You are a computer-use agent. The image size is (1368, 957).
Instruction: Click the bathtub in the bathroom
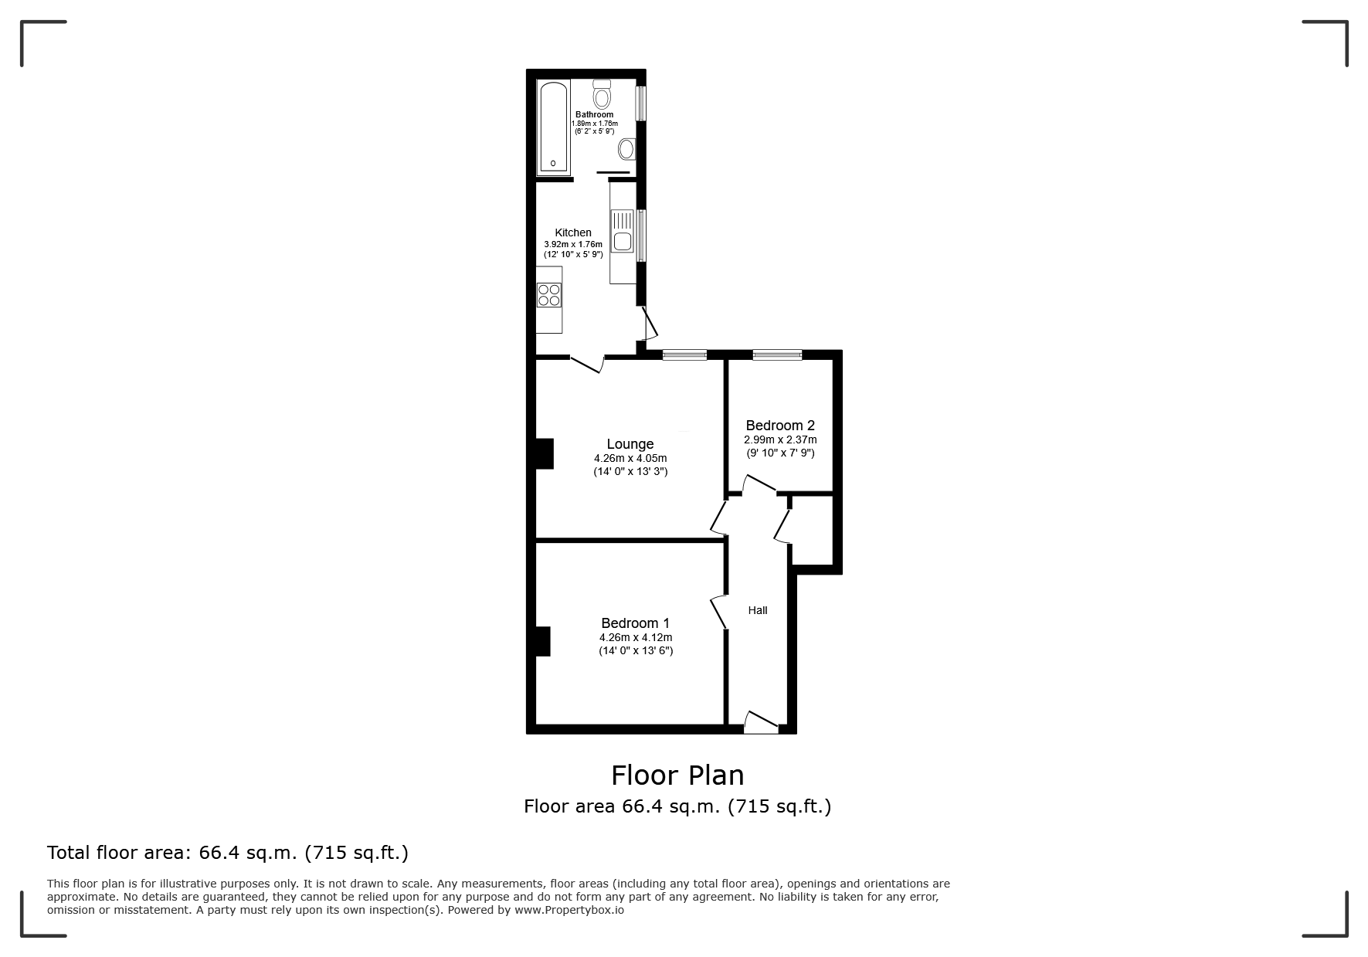point(553,128)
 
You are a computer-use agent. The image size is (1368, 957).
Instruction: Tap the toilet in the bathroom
point(603,96)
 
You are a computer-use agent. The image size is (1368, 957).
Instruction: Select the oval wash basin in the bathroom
point(626,148)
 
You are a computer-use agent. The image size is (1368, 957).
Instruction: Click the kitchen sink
point(622,231)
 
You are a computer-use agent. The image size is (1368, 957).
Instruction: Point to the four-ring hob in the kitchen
point(549,295)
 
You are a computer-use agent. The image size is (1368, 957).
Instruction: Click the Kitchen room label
point(573,232)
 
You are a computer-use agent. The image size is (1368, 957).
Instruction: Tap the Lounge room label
point(630,444)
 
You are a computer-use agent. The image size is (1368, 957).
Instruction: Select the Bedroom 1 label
point(635,623)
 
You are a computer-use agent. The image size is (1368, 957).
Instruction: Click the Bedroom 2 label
point(780,426)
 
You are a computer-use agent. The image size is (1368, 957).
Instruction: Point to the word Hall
point(758,610)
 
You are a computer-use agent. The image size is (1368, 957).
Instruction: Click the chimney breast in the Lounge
point(545,453)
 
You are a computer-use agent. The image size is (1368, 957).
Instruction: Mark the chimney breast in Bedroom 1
point(543,641)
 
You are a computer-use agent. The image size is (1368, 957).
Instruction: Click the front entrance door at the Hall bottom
point(761,723)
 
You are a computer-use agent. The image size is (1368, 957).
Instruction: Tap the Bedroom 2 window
point(777,355)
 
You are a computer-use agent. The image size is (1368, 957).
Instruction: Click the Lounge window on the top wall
point(684,355)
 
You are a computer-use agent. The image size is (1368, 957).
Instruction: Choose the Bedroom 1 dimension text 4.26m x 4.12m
point(636,638)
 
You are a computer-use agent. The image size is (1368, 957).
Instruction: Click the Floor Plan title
point(677,775)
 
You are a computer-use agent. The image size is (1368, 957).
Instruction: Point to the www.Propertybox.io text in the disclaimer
point(569,910)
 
